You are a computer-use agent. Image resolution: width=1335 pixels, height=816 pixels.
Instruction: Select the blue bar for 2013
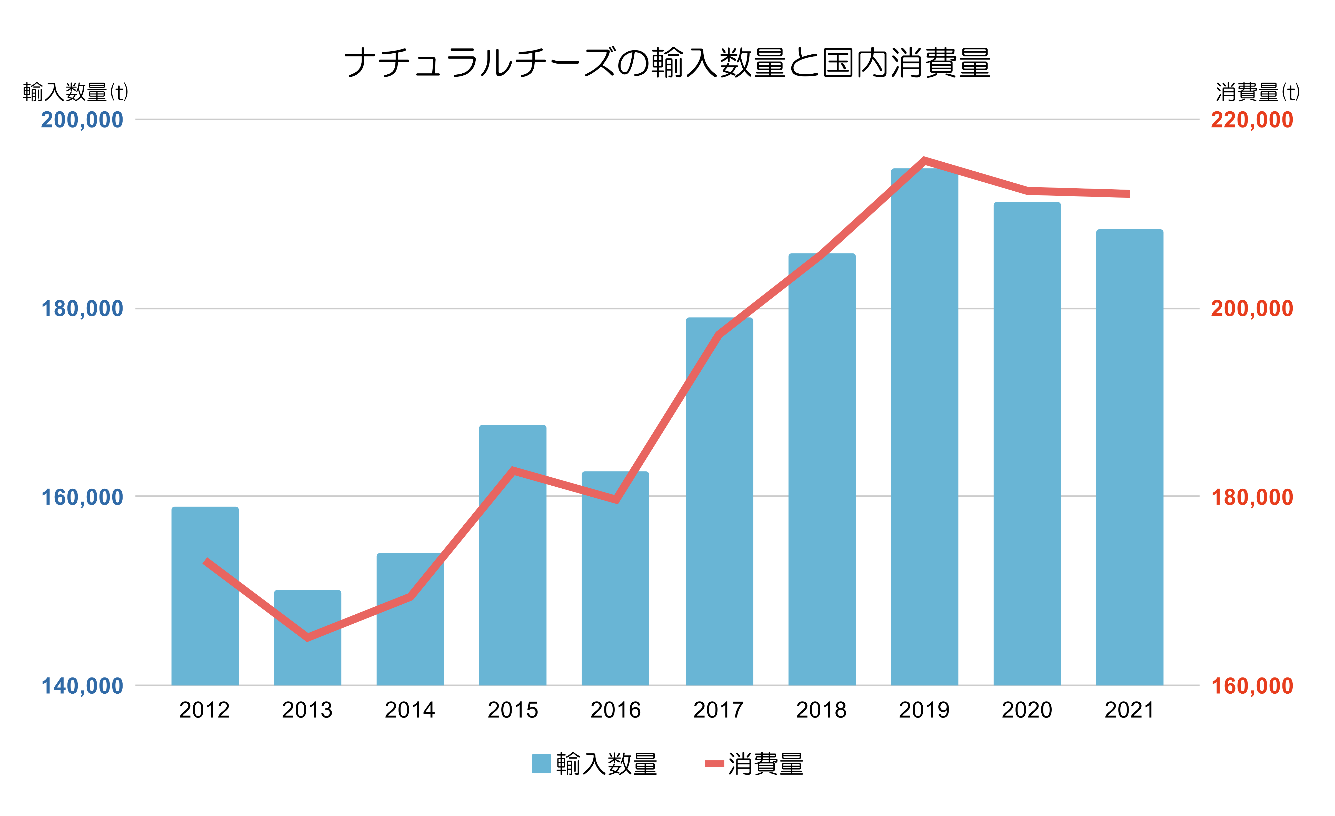coord(308,639)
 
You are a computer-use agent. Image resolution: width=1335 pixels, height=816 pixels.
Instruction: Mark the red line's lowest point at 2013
coord(308,637)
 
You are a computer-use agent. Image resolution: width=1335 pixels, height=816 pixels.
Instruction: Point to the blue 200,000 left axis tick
coord(82,120)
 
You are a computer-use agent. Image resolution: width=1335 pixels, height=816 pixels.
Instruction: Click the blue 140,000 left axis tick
coord(82,686)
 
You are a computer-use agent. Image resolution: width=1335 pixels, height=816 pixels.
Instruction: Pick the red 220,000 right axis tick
coord(1252,120)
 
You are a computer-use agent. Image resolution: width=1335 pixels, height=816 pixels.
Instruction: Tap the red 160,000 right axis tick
coord(1252,686)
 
